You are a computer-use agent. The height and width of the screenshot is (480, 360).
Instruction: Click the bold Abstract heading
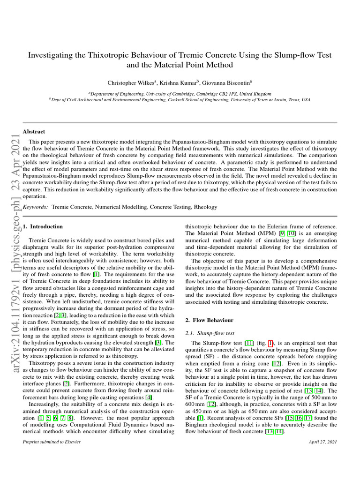[34, 132]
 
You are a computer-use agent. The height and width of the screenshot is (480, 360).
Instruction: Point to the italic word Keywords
[35, 206]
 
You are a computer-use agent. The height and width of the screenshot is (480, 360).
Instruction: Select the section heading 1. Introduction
[43, 226]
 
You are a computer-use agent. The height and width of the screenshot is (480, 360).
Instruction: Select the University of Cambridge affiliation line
[180, 94]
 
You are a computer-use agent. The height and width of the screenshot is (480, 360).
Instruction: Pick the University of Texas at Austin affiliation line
[180, 100]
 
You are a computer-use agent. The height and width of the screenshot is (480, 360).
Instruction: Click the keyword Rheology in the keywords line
[206, 206]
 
